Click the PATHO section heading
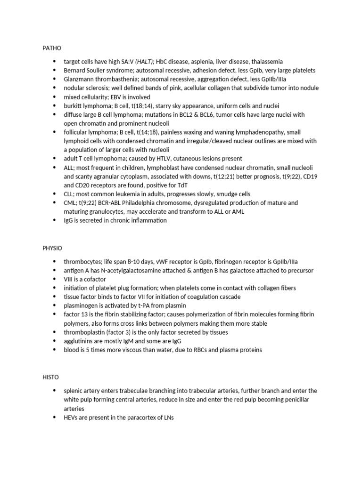52,48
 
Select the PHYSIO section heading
52,248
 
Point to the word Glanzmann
80,79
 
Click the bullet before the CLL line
55,194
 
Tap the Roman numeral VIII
69,279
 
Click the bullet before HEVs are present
55,418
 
